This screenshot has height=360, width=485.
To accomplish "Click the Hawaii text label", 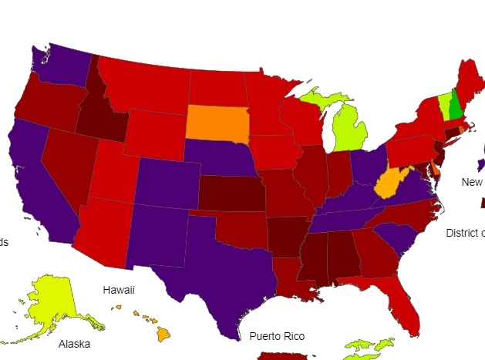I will click(119, 290).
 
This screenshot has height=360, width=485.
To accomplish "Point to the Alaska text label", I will click(74, 344).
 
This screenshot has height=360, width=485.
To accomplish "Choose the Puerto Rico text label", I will click(277, 336).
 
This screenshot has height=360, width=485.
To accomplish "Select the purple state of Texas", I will click(224, 270).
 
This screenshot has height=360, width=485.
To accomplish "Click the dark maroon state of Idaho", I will click(100, 116).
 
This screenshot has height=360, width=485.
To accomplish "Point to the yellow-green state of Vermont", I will click(444, 104).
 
